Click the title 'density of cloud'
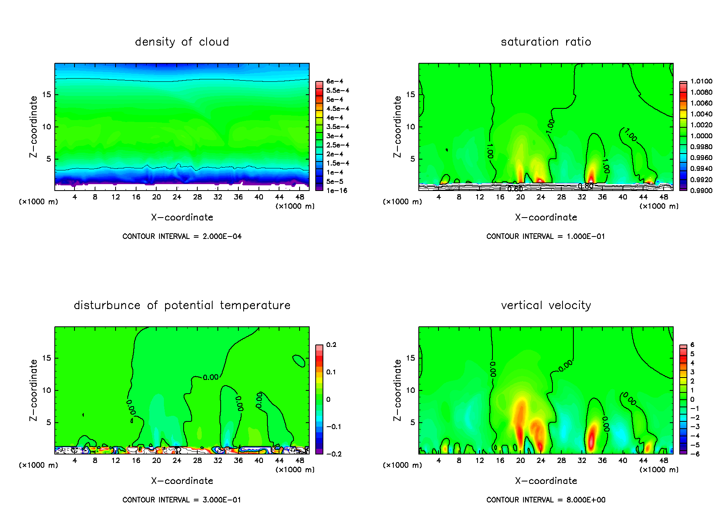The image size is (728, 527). pyautogui.click(x=182, y=42)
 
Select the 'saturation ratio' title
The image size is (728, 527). pyautogui.click(x=546, y=42)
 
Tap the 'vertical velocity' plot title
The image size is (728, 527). pyautogui.click(x=546, y=305)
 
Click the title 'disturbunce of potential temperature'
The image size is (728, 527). pyautogui.click(x=182, y=305)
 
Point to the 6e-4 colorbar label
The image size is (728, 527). pyautogui.click(x=335, y=81)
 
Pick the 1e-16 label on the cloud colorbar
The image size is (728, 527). pyautogui.click(x=337, y=191)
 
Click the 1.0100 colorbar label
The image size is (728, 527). pyautogui.click(x=701, y=81)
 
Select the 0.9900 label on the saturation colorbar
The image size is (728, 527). pyautogui.click(x=701, y=191)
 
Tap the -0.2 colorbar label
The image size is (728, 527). pyautogui.click(x=334, y=454)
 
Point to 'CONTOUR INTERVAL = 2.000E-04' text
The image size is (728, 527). pyautogui.click(x=182, y=237)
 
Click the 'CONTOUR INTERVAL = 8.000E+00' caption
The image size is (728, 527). pyautogui.click(x=546, y=500)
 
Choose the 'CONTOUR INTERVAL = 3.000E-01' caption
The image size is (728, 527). pyautogui.click(x=182, y=500)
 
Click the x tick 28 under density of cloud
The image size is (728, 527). pyautogui.click(x=197, y=197)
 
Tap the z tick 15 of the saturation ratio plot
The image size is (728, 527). pyautogui.click(x=410, y=95)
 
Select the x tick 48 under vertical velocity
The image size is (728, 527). pyautogui.click(x=664, y=461)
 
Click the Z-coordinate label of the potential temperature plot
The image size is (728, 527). pyautogui.click(x=33, y=390)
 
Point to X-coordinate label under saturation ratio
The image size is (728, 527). pyautogui.click(x=546, y=218)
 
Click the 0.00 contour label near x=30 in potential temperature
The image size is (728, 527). pyautogui.click(x=211, y=378)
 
